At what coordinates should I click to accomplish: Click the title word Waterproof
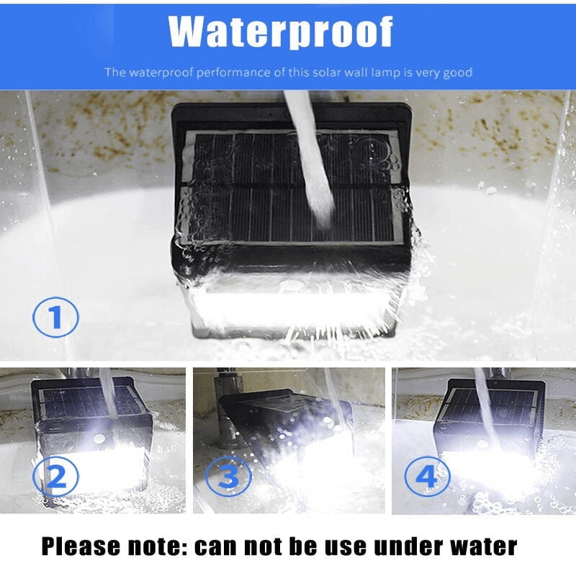point(281,32)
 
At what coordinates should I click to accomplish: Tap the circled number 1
point(56,318)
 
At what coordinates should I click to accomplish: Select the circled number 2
point(56,477)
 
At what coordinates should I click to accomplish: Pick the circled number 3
point(228,477)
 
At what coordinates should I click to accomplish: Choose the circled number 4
point(427,477)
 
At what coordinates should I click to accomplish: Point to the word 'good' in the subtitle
point(457,73)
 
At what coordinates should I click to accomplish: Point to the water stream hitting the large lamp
point(310,158)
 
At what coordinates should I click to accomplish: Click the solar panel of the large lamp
point(292,187)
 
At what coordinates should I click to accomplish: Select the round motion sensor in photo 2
point(99,438)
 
